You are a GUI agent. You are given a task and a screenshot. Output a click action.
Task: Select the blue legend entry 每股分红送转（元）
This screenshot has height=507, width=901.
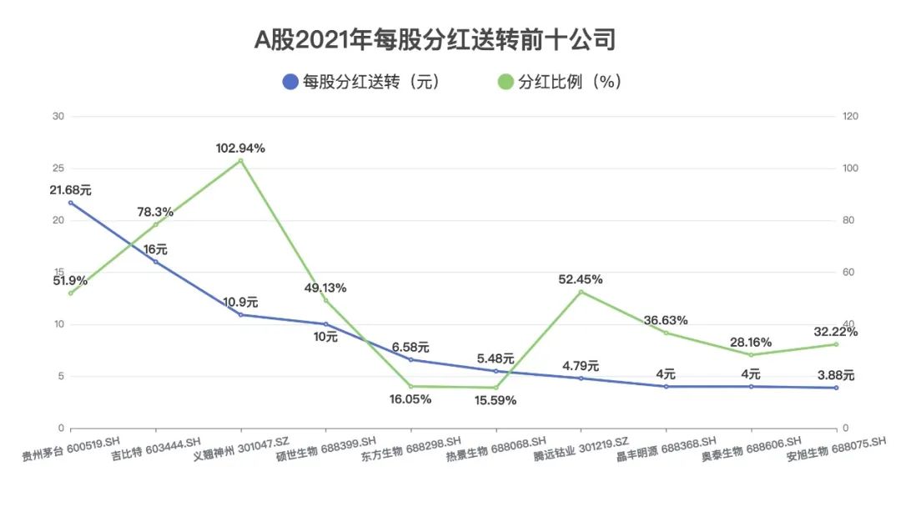pos(360,82)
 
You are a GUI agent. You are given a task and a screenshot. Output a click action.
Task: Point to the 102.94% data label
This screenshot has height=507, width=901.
pos(240,148)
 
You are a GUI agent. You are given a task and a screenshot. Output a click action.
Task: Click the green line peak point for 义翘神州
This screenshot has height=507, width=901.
pos(240,160)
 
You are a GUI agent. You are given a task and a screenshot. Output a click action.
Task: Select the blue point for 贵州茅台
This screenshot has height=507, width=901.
pos(71,203)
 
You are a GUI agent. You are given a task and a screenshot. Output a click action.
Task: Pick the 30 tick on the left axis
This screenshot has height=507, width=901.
pos(58,117)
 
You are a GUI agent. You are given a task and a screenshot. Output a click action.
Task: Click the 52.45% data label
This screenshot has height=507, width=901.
pos(581,279)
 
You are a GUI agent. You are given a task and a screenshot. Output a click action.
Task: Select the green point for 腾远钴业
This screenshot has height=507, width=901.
pos(581,291)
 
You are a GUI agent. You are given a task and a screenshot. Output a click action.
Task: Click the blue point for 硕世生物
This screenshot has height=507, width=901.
pos(325,324)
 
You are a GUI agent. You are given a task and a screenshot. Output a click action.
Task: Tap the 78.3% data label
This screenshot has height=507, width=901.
pos(156,212)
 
